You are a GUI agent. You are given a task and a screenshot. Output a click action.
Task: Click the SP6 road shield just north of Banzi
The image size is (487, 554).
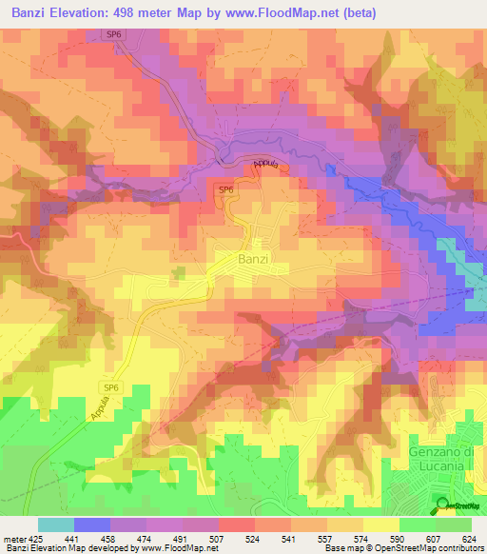pos(225,190)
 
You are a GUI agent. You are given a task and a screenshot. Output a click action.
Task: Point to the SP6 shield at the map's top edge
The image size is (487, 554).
pos(114,34)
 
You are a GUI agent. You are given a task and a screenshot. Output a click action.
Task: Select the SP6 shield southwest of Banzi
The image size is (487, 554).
pos(111,386)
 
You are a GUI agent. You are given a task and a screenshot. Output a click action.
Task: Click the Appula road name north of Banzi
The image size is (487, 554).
pos(267,164)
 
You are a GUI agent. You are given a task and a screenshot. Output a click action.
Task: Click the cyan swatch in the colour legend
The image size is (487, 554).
pos(56,524)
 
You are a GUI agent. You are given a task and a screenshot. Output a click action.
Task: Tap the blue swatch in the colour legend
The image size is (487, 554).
pos(92,524)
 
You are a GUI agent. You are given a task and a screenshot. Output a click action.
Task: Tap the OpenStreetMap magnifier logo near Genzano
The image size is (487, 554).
pos(442,505)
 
